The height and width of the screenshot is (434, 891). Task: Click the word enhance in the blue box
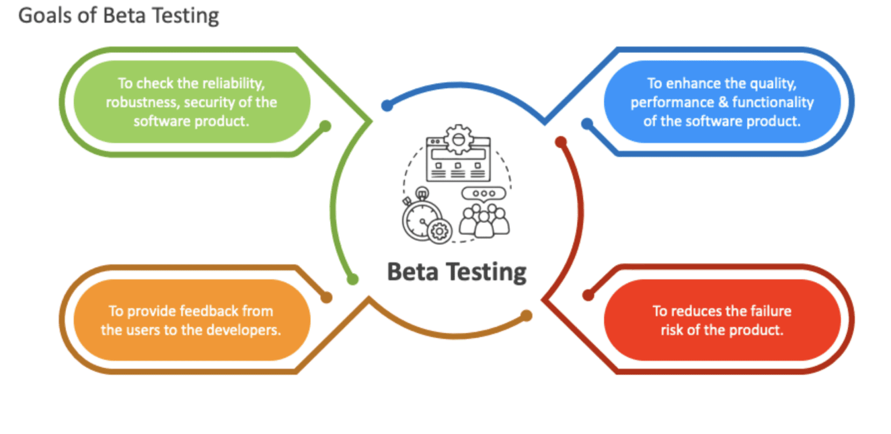[682, 84]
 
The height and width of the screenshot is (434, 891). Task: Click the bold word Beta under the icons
[412, 271]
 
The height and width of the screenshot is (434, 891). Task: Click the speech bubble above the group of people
[484, 193]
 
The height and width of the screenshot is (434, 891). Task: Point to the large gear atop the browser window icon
[458, 139]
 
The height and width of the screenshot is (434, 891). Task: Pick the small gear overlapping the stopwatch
[439, 232]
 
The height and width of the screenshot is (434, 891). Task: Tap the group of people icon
[484, 220]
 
